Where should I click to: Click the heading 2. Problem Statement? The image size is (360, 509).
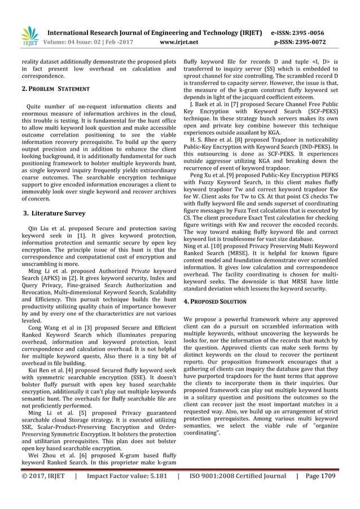(x=55, y=89)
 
